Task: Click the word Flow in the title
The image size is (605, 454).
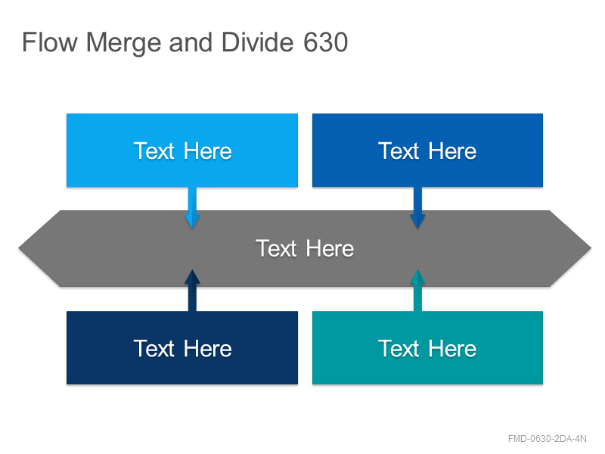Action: pyautogui.click(x=50, y=42)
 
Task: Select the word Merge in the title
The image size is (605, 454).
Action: pyautogui.click(x=123, y=43)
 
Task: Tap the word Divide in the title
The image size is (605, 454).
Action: pyautogui.click(x=257, y=42)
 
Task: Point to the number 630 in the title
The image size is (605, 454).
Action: pyautogui.click(x=326, y=42)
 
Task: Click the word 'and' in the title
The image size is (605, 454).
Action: pyautogui.click(x=191, y=42)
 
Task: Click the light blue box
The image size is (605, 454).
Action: pyautogui.click(x=182, y=150)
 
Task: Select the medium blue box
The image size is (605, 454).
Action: pyautogui.click(x=427, y=150)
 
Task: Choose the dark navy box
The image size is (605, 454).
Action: pyautogui.click(x=182, y=347)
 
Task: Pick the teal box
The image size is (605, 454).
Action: pyautogui.click(x=427, y=347)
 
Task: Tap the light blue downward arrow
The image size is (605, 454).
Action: pyautogui.click(x=192, y=207)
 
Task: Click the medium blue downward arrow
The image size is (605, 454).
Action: pyautogui.click(x=417, y=207)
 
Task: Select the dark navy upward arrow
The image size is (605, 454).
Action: pyautogui.click(x=192, y=291)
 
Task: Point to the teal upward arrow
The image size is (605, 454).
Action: pyautogui.click(x=417, y=291)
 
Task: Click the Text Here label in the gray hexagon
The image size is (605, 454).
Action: pyautogui.click(x=305, y=248)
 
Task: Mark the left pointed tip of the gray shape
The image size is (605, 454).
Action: pyautogui.click(x=18, y=248)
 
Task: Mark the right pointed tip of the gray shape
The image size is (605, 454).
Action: pyautogui.click(x=591, y=248)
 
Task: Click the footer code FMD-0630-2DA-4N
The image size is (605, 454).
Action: pyautogui.click(x=547, y=439)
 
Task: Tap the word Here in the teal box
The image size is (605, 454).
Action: pyautogui.click(x=452, y=349)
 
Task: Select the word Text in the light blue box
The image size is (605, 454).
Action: pyautogui.click(x=154, y=151)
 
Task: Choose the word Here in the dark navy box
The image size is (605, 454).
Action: pyautogui.click(x=207, y=349)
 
